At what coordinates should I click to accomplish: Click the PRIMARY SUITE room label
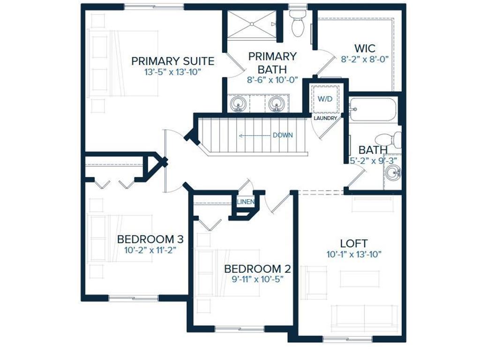(x=172, y=61)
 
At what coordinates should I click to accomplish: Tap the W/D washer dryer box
(x=325, y=99)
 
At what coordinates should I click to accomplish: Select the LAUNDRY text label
(x=325, y=118)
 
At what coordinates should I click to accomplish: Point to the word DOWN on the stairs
(x=283, y=135)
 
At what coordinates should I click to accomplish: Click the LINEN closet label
(x=246, y=202)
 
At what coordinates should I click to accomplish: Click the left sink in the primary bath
(x=239, y=105)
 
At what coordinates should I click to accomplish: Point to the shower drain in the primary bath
(x=252, y=23)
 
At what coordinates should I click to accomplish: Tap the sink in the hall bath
(x=393, y=173)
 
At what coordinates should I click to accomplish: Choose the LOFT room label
(x=354, y=243)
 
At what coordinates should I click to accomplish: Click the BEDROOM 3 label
(x=150, y=239)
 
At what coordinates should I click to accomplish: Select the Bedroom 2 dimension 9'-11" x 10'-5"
(x=257, y=279)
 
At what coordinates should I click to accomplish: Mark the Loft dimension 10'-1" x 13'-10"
(x=354, y=254)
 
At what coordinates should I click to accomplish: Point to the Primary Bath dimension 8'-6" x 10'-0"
(x=272, y=80)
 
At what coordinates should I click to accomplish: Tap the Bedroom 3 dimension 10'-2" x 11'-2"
(x=150, y=250)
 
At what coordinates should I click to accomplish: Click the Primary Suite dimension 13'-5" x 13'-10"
(x=172, y=72)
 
